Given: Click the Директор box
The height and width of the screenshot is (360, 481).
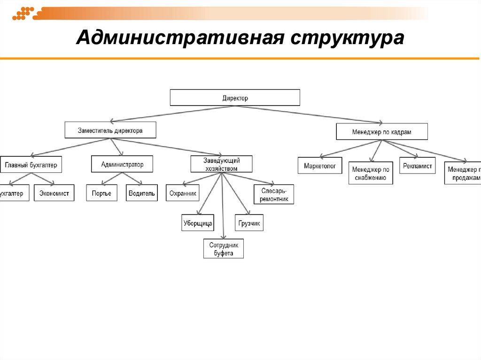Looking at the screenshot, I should tap(234, 98).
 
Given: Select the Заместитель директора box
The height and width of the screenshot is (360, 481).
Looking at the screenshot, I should tap(110, 130).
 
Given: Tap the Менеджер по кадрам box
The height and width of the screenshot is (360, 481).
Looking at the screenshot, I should tap(381, 132).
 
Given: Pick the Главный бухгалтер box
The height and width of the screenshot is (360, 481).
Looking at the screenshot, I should tap(31, 165).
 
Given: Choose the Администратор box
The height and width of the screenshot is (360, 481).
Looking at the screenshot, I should tap(122, 164).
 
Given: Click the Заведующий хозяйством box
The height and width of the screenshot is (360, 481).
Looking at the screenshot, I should tap(221, 164).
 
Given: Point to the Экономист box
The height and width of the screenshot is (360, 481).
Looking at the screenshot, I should tap(54, 193).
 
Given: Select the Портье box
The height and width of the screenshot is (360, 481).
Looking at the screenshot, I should tap(101, 193).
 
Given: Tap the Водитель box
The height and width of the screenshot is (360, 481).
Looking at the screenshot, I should tap(141, 193).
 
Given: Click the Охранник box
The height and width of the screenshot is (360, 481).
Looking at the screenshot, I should tap(182, 193).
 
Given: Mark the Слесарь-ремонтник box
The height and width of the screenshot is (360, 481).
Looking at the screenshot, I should tap(274, 194).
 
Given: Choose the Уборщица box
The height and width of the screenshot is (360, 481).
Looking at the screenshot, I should tap(198, 223).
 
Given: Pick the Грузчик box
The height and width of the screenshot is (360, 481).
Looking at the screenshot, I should tap(249, 223).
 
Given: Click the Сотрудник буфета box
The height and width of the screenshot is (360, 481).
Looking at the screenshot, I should tap(224, 249).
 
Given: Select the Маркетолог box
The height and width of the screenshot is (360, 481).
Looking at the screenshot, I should tap(319, 166).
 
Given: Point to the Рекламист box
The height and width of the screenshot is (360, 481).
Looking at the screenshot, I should tap(417, 166).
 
